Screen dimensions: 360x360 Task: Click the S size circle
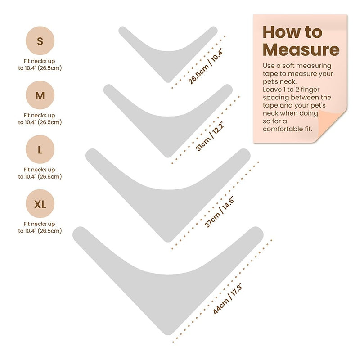(40, 40)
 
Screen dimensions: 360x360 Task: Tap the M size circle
(40, 95)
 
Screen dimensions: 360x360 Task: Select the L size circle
(40, 149)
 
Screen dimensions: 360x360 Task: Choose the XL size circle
(40, 204)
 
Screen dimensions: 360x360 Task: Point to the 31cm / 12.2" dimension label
(210, 137)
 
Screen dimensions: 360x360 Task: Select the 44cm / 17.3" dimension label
(227, 298)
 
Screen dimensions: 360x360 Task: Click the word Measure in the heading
(301, 49)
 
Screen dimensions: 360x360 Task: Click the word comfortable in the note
(283, 129)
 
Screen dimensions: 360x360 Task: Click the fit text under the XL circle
(40, 227)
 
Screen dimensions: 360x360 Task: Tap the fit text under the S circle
(40, 64)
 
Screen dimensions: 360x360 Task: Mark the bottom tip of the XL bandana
(168, 335)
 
